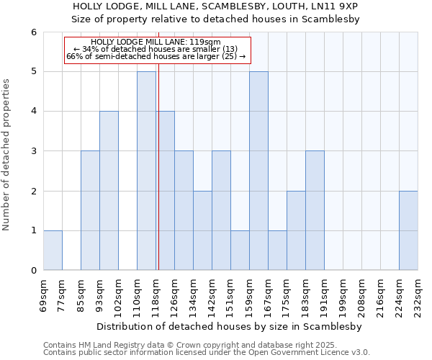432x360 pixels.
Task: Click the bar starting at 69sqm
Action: pyautogui.click(x=53, y=251)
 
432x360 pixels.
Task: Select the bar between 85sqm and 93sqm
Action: pyautogui.click(x=90, y=210)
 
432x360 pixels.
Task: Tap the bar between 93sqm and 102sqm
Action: pyautogui.click(x=109, y=191)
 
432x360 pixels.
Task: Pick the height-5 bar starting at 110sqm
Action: pyautogui.click(x=146, y=171)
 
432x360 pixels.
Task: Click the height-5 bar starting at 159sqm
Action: pyautogui.click(x=258, y=171)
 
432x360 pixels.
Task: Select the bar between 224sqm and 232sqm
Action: pyautogui.click(x=408, y=230)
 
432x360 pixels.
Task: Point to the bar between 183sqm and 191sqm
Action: pyautogui.click(x=315, y=210)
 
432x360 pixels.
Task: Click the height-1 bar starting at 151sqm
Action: pyautogui.click(x=240, y=251)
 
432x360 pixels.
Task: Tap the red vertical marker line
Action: pyautogui.click(x=158, y=180)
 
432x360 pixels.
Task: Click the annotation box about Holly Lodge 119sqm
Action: pyautogui.click(x=157, y=50)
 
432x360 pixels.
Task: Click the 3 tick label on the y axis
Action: pyautogui.click(x=33, y=151)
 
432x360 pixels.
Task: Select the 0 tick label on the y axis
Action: pyautogui.click(x=33, y=271)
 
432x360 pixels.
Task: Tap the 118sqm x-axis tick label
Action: pyautogui.click(x=156, y=294)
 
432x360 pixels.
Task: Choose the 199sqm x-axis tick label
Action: pyautogui.click(x=343, y=294)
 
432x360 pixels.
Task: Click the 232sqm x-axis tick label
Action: pyautogui.click(x=418, y=294)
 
